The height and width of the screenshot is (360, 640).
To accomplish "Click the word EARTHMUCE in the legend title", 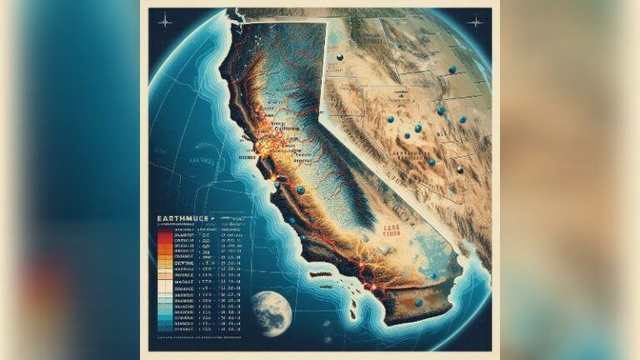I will pos(181,222).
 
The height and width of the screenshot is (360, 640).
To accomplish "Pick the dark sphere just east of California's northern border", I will pos(339,57).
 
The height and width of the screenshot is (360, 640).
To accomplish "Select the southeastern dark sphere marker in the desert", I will pos(459,170).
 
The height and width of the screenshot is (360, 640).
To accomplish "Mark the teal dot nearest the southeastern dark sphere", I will pos(432,162).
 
